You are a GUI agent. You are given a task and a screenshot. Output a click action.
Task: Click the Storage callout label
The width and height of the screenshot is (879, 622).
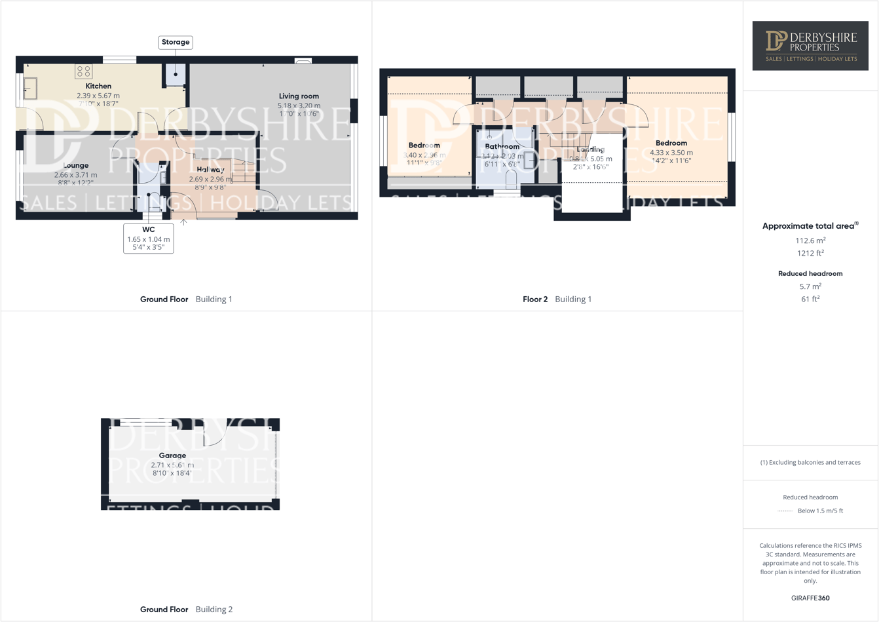click(x=176, y=43)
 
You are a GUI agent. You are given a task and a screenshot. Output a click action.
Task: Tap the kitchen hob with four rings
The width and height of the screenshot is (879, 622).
click(x=83, y=71)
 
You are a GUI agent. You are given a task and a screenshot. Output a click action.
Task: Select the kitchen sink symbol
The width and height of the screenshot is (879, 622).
click(x=30, y=88)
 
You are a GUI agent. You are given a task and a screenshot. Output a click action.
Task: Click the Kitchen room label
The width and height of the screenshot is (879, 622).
click(x=98, y=86)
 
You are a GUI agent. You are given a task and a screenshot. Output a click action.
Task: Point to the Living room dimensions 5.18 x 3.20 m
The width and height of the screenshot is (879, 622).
click(x=299, y=106)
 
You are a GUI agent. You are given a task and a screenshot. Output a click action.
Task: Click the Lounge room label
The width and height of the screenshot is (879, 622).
click(x=76, y=166)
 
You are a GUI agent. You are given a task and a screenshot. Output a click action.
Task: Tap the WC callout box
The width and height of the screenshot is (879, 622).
click(x=149, y=239)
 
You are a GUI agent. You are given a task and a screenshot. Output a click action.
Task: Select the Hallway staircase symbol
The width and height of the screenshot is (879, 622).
click(x=244, y=172)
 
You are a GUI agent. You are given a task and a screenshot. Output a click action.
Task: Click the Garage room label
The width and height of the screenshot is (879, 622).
click(x=172, y=456)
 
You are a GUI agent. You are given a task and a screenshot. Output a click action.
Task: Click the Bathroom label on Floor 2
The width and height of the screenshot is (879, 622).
click(x=502, y=147)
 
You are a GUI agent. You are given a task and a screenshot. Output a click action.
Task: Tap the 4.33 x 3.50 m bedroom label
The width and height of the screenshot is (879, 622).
click(x=671, y=153)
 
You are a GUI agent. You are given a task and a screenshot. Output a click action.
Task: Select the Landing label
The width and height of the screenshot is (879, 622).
click(x=591, y=149)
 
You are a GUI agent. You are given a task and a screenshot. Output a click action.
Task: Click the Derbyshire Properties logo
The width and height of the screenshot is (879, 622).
click(x=810, y=46)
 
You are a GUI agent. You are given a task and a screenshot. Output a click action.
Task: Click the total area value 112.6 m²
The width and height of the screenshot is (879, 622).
click(x=810, y=241)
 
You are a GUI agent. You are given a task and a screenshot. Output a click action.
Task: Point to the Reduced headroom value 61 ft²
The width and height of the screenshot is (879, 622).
click(x=810, y=299)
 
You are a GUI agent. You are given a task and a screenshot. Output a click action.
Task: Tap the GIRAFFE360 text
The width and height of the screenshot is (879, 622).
click(x=810, y=598)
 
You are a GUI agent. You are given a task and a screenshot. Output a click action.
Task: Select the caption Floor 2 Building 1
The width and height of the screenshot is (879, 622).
click(x=557, y=299)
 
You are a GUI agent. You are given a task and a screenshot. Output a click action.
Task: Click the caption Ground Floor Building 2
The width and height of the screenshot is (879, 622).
click(x=186, y=610)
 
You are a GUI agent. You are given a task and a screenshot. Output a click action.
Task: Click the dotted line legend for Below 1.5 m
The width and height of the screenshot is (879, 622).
click(x=785, y=511)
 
